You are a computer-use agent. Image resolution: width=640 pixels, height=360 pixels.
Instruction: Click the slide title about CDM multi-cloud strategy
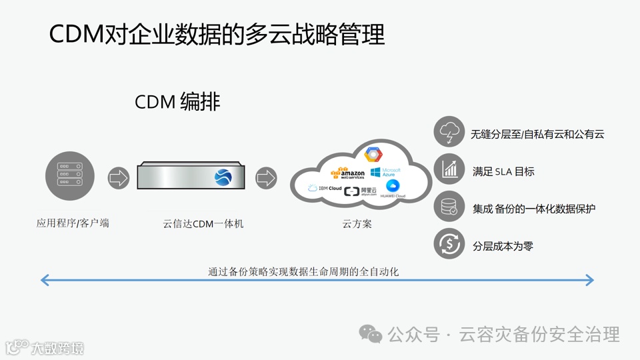217,35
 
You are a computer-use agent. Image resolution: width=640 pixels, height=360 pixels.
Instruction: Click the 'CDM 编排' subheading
177,102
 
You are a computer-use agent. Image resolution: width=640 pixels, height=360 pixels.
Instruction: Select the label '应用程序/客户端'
73,223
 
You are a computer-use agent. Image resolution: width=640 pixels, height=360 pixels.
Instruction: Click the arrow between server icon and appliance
119,178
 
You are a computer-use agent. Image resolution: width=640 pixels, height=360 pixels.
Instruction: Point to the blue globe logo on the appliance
223,177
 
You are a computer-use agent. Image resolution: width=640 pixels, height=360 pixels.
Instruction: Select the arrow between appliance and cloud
266,178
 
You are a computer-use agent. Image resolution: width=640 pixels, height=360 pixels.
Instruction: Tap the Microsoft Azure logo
383,173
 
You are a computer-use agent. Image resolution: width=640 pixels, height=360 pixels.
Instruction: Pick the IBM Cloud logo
325,189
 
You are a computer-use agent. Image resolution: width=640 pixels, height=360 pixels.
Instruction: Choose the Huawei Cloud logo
392,189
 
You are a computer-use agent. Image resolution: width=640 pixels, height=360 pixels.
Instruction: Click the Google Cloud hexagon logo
373,155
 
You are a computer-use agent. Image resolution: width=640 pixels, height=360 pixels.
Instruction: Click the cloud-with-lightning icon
449,132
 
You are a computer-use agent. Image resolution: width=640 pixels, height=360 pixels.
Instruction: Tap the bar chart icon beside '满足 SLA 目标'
449,169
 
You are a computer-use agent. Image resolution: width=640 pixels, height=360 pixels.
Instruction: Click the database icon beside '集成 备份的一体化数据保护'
449,207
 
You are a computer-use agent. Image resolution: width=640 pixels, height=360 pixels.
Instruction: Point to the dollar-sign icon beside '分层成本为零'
449,244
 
